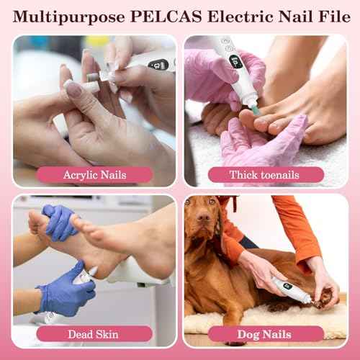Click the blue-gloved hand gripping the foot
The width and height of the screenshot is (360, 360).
[59, 221]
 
